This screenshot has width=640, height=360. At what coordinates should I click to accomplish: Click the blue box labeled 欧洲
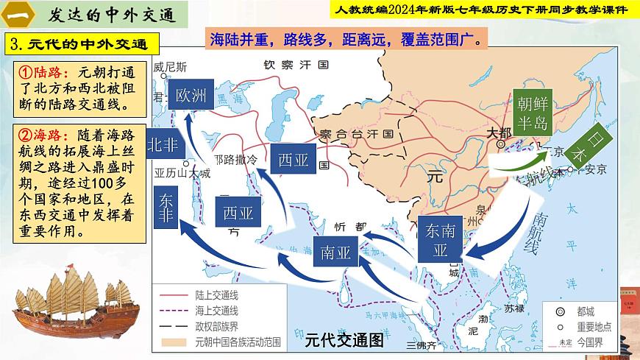pos(191,94)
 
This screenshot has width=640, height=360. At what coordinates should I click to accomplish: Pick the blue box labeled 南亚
pos(335,253)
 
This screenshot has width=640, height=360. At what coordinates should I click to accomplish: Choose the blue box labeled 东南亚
pos(441,240)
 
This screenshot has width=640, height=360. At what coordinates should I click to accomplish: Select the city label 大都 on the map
pos(498,133)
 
